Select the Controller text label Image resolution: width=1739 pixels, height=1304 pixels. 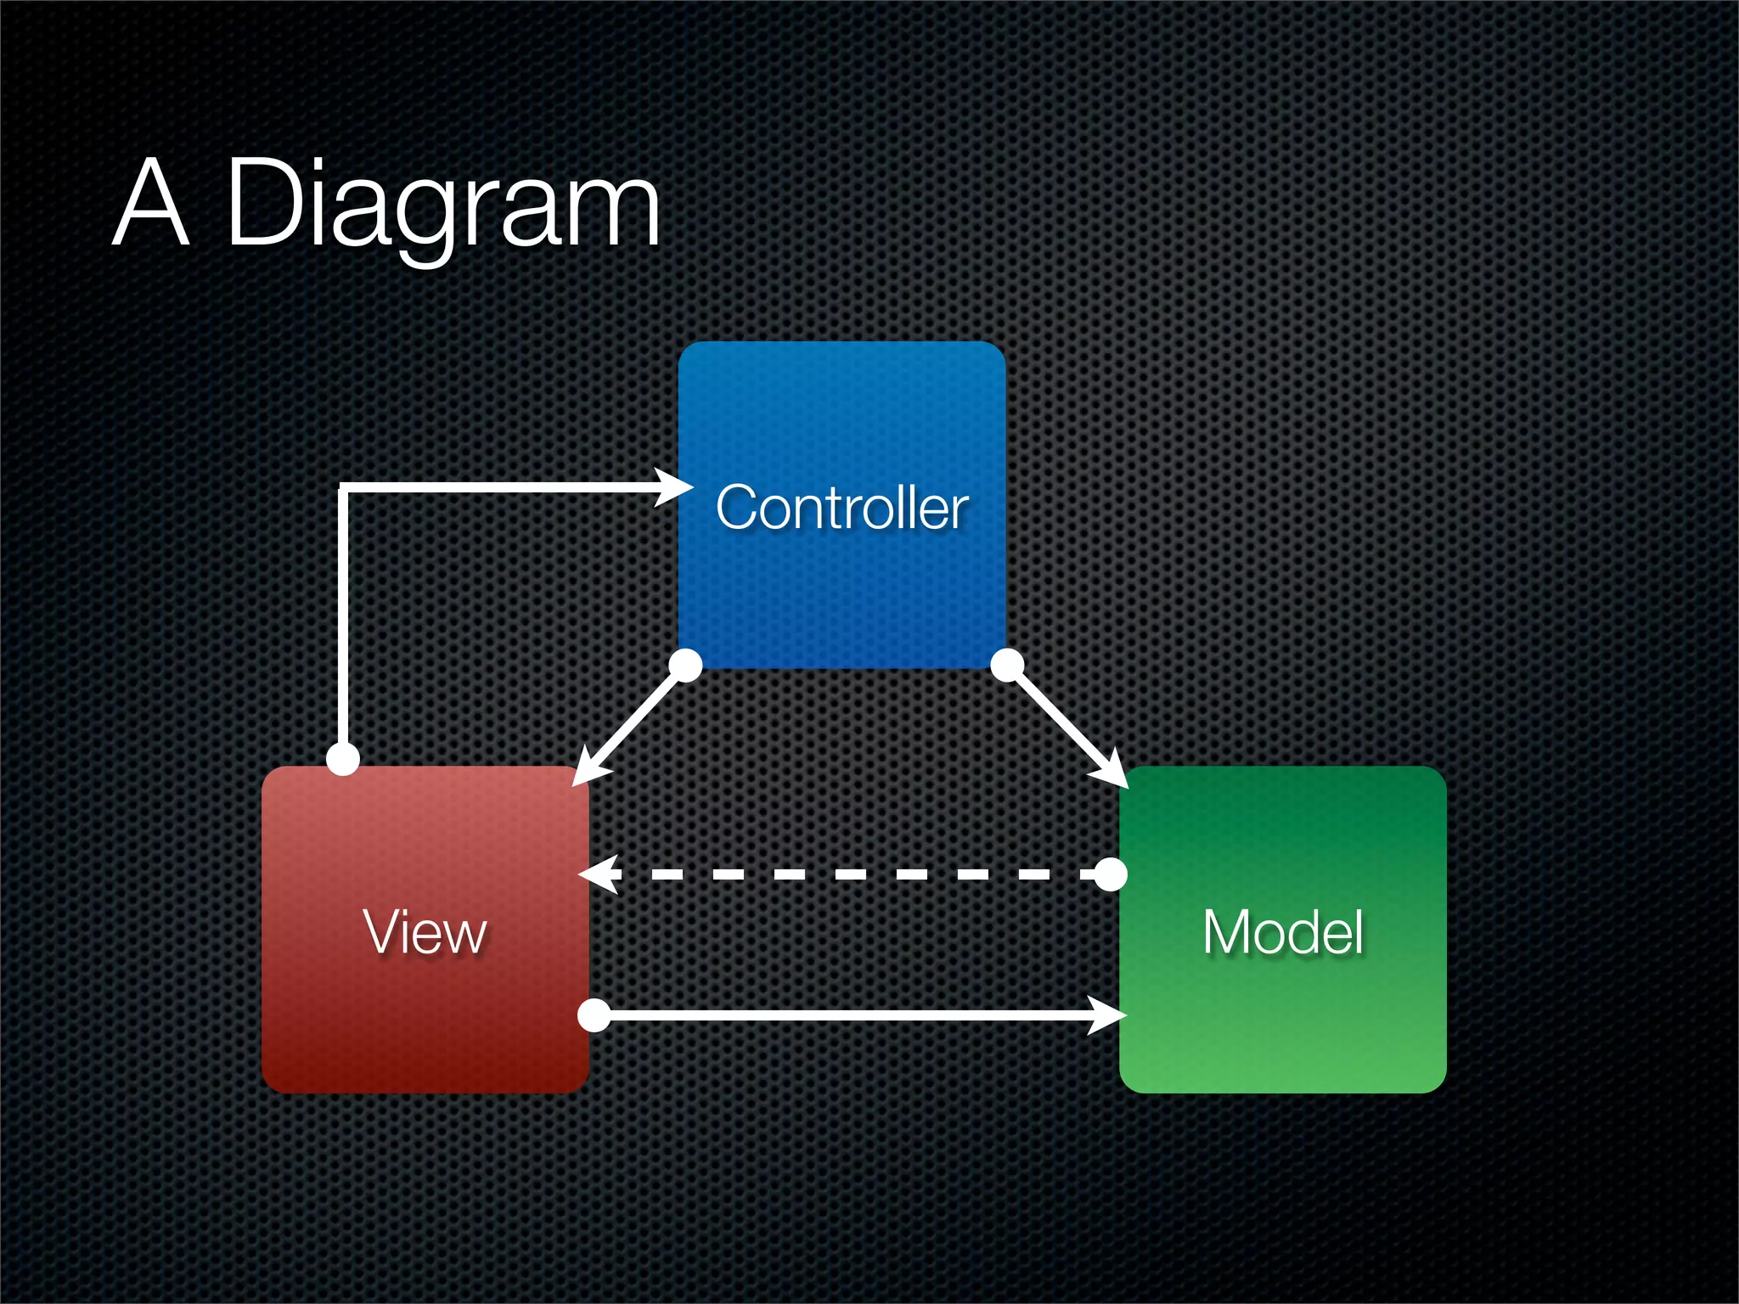[841, 508]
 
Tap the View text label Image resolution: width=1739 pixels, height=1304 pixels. [425, 931]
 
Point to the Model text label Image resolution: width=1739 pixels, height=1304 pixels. [1282, 931]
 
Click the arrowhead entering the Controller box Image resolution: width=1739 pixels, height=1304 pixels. [676, 487]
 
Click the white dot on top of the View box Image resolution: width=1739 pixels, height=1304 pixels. [343, 758]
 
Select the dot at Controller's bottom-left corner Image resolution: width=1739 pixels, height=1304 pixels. [685, 665]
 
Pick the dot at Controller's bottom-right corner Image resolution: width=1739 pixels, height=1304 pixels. [1007, 665]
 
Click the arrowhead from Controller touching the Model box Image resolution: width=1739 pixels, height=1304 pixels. [1111, 773]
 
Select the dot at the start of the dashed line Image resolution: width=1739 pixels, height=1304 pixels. [1110, 874]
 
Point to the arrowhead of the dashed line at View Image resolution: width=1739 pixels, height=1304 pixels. [598, 874]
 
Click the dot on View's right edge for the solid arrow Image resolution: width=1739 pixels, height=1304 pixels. [594, 1015]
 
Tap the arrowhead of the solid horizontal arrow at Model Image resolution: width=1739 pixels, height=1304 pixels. [1108, 1015]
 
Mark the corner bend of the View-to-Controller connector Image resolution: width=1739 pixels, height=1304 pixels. [343, 488]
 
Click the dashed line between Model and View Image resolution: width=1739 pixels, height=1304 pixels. [849, 874]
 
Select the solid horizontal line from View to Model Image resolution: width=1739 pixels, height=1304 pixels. [849, 1015]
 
